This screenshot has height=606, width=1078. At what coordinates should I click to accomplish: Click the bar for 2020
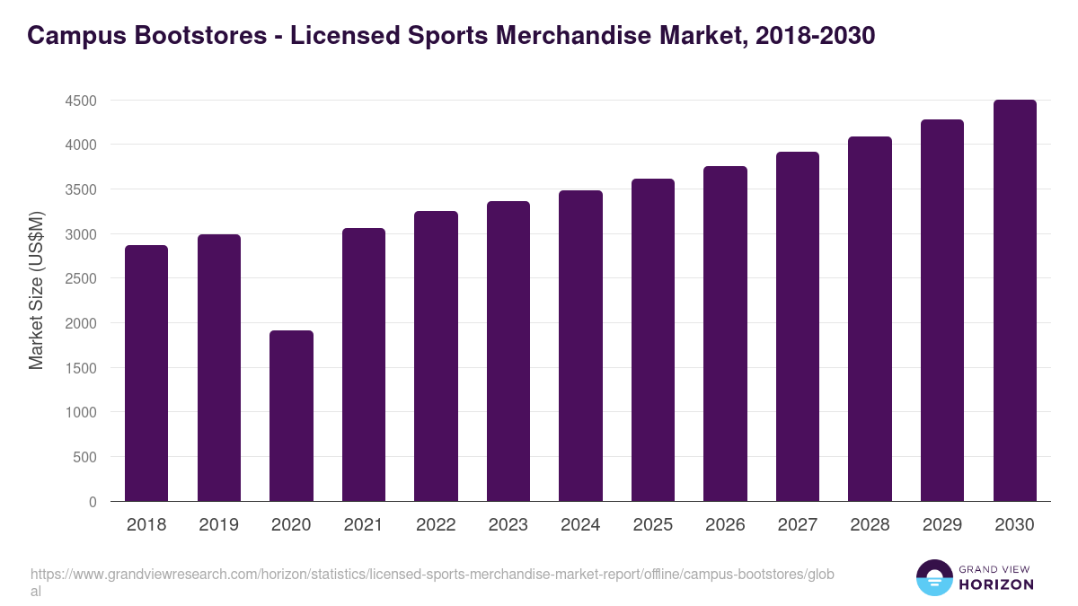[291, 416]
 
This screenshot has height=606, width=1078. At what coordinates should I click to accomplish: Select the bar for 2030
[1014, 301]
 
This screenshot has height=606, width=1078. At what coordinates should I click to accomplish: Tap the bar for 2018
[146, 373]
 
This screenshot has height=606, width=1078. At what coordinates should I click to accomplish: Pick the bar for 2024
[580, 346]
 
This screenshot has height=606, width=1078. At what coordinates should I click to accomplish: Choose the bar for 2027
[798, 327]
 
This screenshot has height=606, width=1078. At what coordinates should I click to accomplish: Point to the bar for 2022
[436, 356]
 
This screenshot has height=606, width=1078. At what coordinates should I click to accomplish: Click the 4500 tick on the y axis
[81, 101]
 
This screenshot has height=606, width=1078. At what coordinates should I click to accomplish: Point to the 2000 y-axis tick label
[81, 323]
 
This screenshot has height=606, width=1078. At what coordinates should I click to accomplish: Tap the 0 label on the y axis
[93, 502]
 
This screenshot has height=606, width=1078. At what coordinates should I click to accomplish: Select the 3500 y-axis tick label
[81, 189]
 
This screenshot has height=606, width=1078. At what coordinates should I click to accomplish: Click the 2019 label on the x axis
[218, 525]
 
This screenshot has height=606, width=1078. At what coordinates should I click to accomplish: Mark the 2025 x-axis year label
[652, 525]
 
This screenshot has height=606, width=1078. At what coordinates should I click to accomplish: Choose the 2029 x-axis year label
[941, 525]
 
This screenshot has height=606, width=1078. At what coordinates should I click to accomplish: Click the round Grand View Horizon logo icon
[934, 578]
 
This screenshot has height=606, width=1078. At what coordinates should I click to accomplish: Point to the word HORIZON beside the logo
[996, 584]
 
